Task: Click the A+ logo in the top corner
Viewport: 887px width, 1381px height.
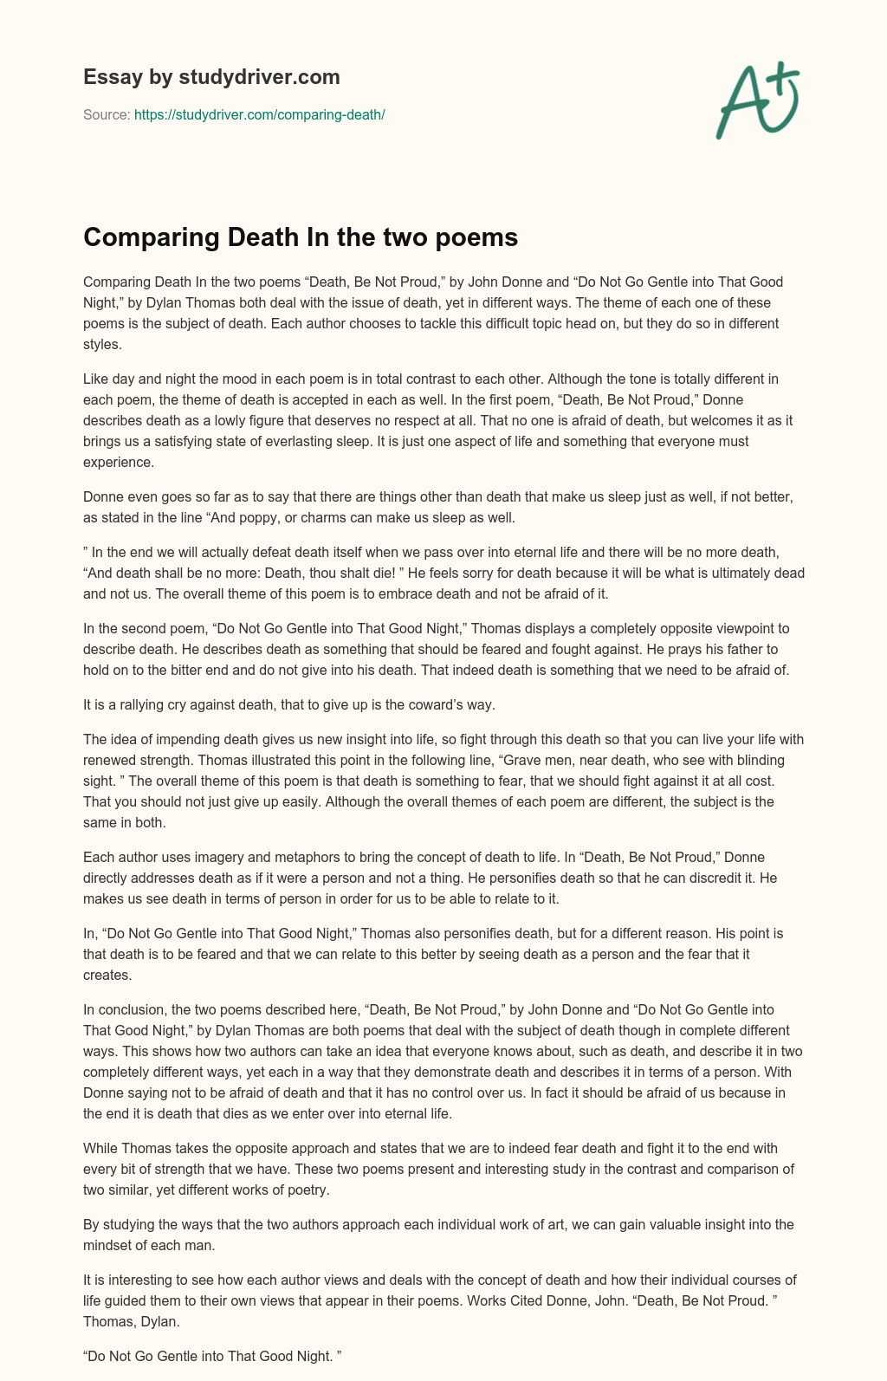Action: pyautogui.click(x=757, y=100)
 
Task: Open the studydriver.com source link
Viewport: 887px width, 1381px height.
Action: pyautogui.click(x=259, y=114)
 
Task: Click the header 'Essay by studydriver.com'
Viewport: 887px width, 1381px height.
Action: pyautogui.click(x=211, y=77)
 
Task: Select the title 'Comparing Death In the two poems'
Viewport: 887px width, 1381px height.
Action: pyautogui.click(x=300, y=237)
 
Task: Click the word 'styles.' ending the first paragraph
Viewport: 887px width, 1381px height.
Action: pyautogui.click(x=101, y=344)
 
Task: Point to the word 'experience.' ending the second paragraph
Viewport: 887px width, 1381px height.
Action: pyautogui.click(x=119, y=462)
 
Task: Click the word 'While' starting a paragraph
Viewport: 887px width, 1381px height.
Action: pyautogui.click(x=100, y=1148)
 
